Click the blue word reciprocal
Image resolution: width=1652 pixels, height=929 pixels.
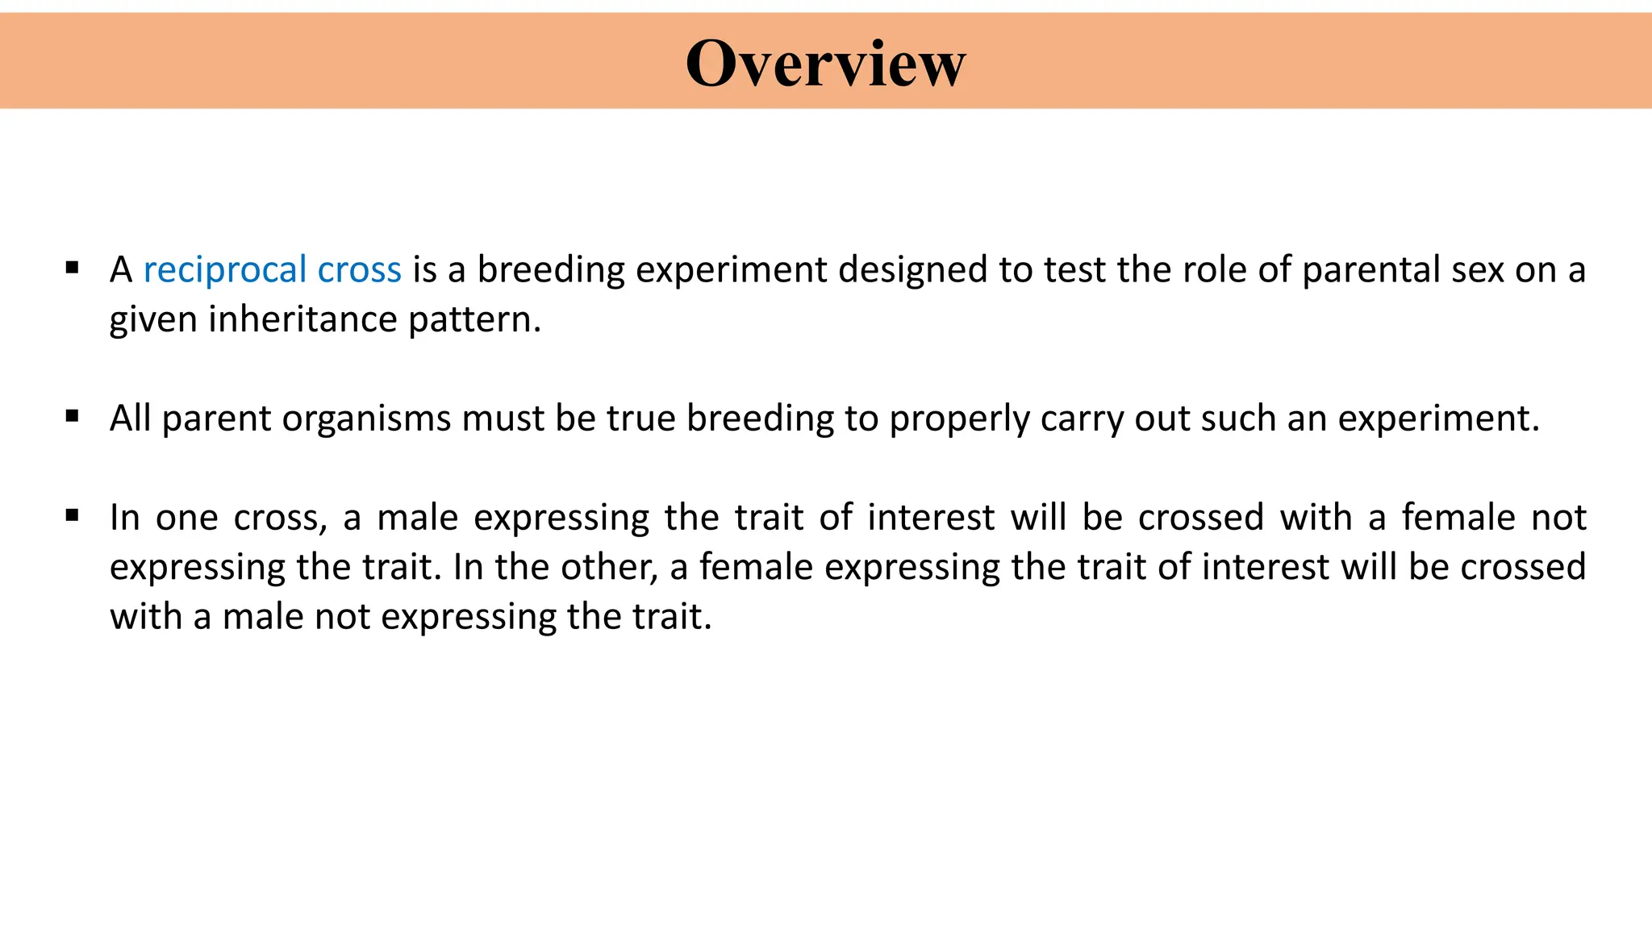click(225, 270)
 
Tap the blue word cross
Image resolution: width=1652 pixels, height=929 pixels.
click(359, 270)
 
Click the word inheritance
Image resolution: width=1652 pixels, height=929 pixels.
click(302, 319)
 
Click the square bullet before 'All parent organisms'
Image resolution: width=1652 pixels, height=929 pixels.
click(73, 416)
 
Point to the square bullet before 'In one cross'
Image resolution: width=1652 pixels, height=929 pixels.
click(73, 515)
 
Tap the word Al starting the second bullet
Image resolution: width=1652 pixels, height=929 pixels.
click(130, 418)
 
